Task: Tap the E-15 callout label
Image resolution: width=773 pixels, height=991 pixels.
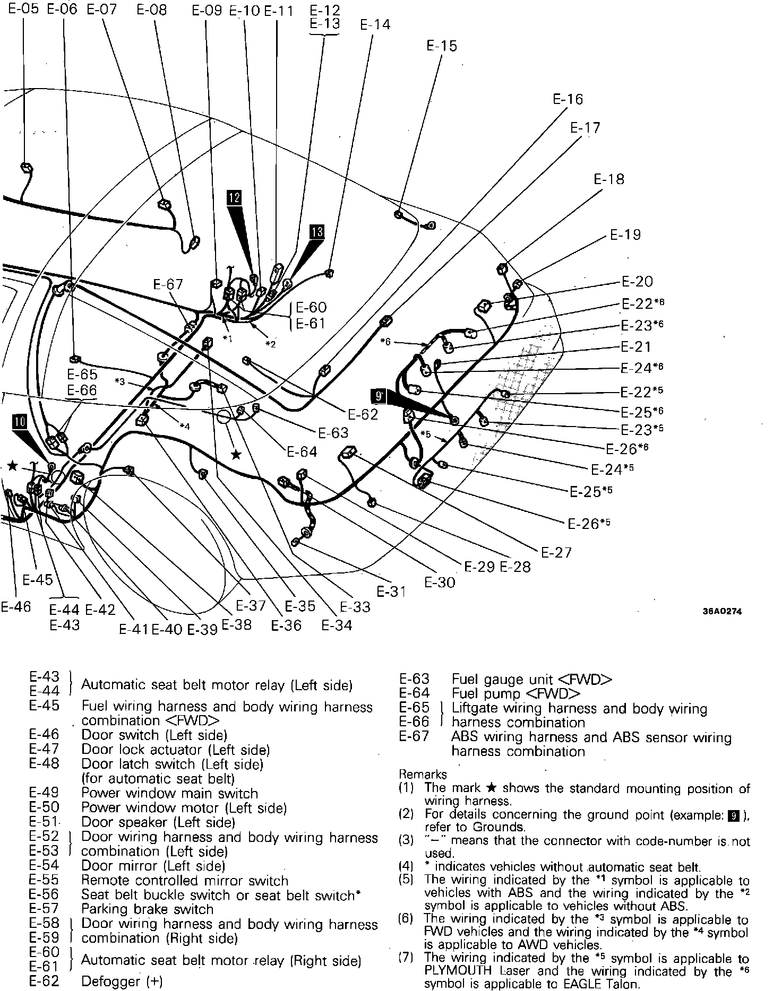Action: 441,46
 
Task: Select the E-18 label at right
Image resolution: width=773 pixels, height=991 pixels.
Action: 608,179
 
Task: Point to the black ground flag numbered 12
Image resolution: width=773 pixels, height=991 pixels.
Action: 234,198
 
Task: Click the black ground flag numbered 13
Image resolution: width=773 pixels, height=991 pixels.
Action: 316,232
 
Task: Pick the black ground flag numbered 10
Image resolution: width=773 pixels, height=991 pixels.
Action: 20,421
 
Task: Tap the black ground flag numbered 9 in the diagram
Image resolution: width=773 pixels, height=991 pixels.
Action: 379,396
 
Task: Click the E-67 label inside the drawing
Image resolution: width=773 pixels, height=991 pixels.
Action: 168,284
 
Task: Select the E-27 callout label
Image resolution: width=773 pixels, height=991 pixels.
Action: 556,552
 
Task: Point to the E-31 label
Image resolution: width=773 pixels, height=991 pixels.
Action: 391,591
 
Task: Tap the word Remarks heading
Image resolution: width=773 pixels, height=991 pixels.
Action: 423,774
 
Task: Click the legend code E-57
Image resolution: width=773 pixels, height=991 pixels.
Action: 44,909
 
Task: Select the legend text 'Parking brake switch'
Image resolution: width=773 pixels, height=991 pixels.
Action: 147,909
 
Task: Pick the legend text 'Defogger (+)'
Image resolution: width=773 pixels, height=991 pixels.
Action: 122,981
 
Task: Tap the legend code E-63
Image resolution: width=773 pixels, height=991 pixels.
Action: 414,679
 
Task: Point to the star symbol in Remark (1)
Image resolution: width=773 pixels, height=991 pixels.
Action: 492,788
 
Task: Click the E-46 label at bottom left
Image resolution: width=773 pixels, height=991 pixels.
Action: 16,607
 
